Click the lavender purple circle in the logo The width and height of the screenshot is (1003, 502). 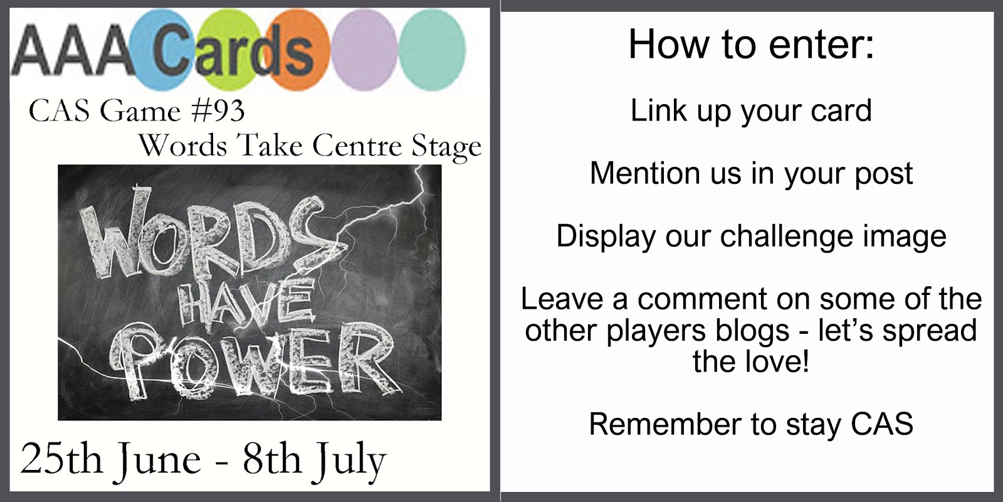tap(364, 50)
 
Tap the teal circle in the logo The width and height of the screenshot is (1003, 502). tap(432, 50)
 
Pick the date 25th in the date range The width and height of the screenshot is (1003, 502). tap(61, 459)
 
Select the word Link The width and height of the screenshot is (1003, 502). tap(658, 110)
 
